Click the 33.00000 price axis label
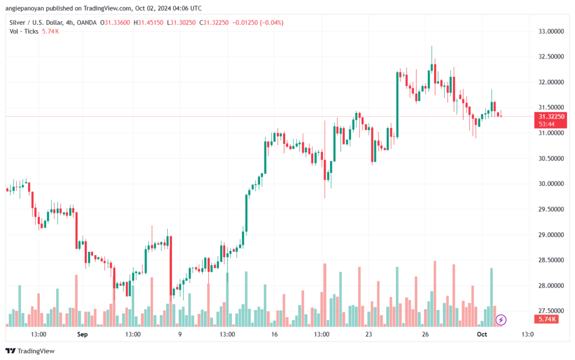click(551, 31)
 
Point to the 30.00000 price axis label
click(551, 184)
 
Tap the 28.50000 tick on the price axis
click(551, 260)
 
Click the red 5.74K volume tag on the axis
click(546, 319)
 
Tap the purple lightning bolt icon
click(500, 320)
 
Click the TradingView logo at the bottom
click(30, 351)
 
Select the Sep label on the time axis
click(83, 334)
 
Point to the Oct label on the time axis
click(482, 334)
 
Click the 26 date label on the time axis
click(425, 334)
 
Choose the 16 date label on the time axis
click(274, 334)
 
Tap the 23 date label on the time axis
click(368, 334)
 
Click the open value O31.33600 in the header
click(115, 22)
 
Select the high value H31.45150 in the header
click(148, 22)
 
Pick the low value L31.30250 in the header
click(181, 22)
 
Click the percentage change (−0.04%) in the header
click(271, 22)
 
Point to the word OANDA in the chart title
click(86, 22)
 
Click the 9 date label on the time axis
click(180, 334)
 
